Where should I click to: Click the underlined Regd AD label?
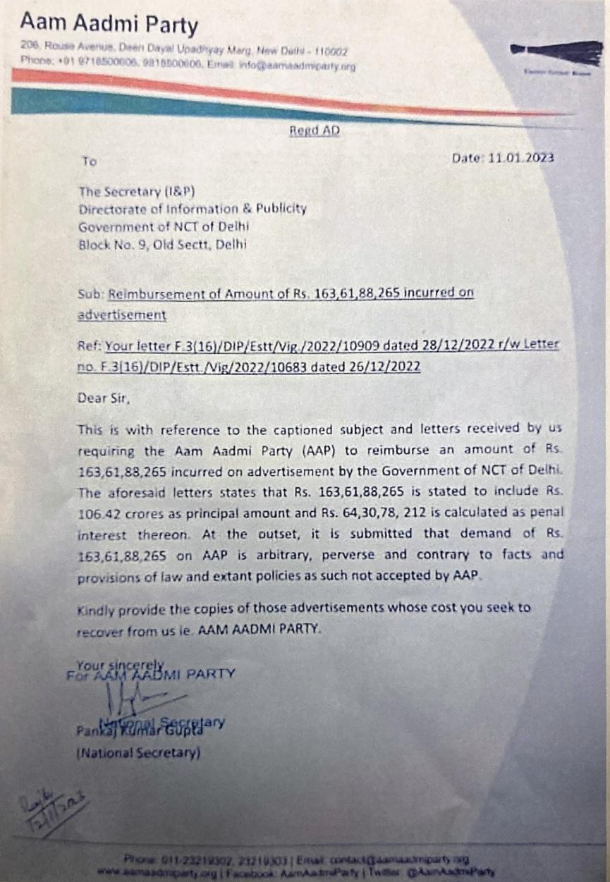pos(315,131)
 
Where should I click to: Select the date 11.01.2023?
pos(523,157)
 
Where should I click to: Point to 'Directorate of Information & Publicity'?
pos(193,209)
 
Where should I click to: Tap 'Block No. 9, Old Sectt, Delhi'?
pos(162,245)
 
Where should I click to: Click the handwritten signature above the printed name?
pos(134,700)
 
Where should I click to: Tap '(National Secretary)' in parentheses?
pos(138,753)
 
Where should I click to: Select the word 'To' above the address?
pos(89,161)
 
